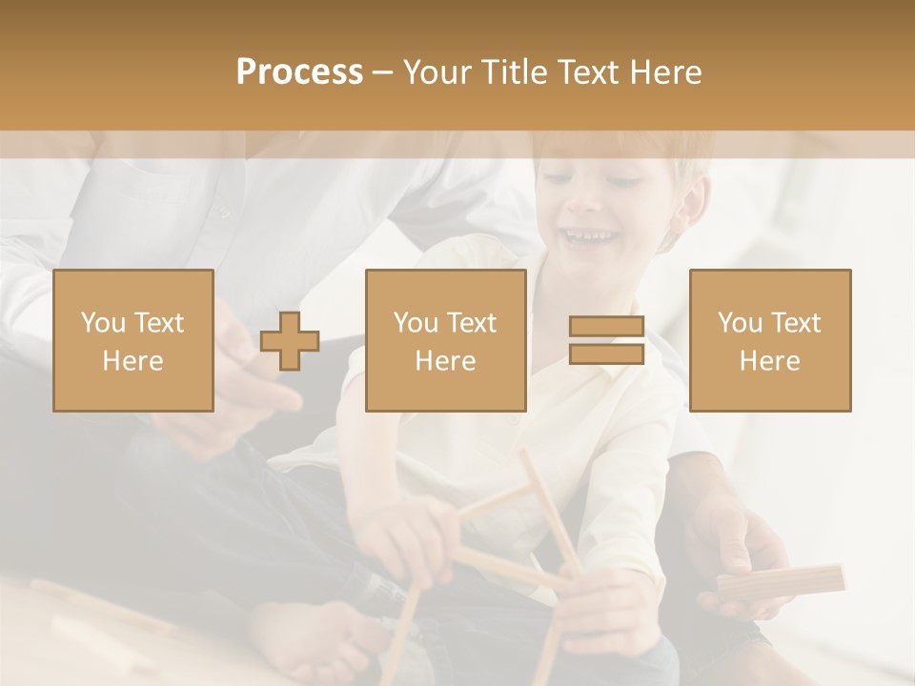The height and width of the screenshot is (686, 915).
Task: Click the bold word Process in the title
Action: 299,72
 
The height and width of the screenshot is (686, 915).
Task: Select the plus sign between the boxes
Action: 290,341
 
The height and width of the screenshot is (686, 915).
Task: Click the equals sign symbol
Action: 606,340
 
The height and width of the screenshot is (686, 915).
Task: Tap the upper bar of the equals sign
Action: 606,326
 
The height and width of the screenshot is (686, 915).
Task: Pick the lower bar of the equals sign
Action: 606,354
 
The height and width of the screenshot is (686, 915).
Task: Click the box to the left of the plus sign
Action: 133,341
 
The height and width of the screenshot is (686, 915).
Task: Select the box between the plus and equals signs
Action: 446,341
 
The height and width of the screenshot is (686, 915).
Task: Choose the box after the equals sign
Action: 770,341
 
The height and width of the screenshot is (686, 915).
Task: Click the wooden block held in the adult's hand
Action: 782,581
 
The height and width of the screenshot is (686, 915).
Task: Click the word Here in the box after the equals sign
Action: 770,361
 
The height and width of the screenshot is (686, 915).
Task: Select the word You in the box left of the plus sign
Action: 102,323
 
